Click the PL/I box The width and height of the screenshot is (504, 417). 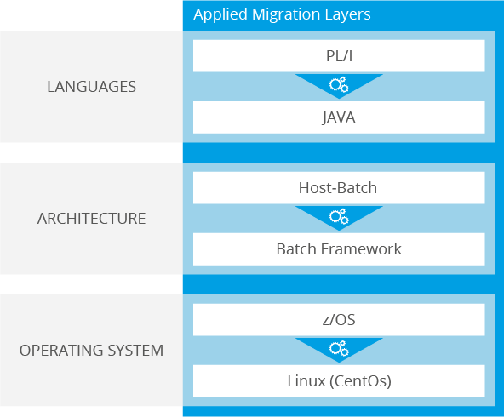pyautogui.click(x=339, y=56)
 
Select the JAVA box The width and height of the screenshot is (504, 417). pyautogui.click(x=339, y=117)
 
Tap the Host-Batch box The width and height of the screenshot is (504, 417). pyautogui.click(x=339, y=188)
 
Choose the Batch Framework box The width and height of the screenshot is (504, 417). pyautogui.click(x=339, y=249)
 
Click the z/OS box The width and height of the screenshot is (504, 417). pyautogui.click(x=339, y=320)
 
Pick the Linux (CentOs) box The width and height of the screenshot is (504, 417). pyautogui.click(x=339, y=381)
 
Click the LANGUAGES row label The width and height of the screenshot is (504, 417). pyautogui.click(x=91, y=87)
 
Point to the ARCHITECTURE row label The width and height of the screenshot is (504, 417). pyautogui.click(x=91, y=219)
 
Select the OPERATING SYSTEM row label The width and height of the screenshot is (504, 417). pyautogui.click(x=91, y=351)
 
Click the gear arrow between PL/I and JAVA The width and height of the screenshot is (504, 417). pyautogui.click(x=339, y=85)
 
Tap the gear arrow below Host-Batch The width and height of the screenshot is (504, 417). pyautogui.click(x=339, y=217)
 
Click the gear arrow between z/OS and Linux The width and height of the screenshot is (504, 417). pyautogui.click(x=339, y=349)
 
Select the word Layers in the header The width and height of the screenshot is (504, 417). pyautogui.click(x=349, y=15)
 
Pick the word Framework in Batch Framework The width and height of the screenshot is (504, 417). pyautogui.click(x=361, y=249)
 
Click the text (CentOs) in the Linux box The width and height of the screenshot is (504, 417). pyautogui.click(x=359, y=381)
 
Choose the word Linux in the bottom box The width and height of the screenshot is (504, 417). pyautogui.click(x=305, y=381)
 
